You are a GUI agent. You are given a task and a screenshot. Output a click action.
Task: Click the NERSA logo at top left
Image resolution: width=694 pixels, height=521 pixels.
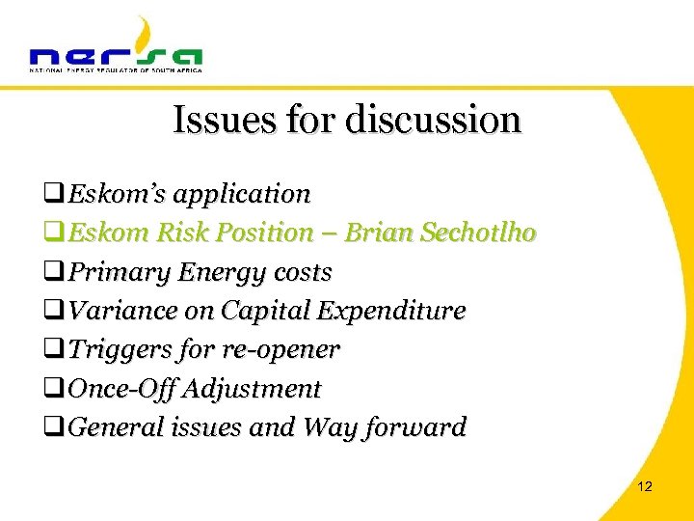[x=116, y=48]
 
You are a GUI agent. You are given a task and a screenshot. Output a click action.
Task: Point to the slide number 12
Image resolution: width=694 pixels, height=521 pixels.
[x=645, y=486]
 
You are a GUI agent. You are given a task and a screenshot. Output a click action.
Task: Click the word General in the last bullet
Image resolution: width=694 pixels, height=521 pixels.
[x=107, y=427]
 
